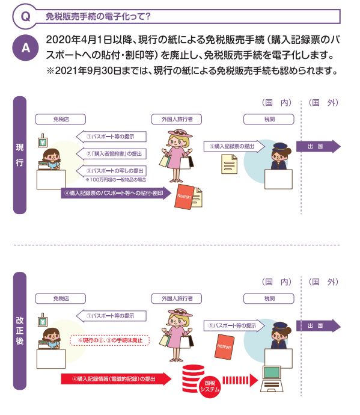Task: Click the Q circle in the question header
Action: tap(25, 16)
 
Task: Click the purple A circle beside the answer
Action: tap(25, 48)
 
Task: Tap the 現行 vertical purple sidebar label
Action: tap(20, 155)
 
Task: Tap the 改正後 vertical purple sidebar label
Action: tap(20, 331)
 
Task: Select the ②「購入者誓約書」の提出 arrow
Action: tap(111, 154)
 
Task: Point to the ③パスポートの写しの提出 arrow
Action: tap(111, 171)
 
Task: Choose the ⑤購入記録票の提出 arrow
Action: tap(234, 146)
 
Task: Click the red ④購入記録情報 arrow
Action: tap(116, 379)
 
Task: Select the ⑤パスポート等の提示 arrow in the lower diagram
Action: tap(234, 325)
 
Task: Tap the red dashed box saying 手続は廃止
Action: tap(110, 340)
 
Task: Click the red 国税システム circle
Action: tap(210, 386)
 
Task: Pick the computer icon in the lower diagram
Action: tap(272, 379)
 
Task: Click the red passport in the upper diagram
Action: tap(185, 197)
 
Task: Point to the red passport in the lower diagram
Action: tap(224, 346)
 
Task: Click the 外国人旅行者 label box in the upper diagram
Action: tap(177, 119)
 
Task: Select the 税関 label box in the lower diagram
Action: tap(269, 298)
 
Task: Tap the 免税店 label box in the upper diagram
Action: tap(61, 119)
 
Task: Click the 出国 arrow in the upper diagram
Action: tap(319, 146)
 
